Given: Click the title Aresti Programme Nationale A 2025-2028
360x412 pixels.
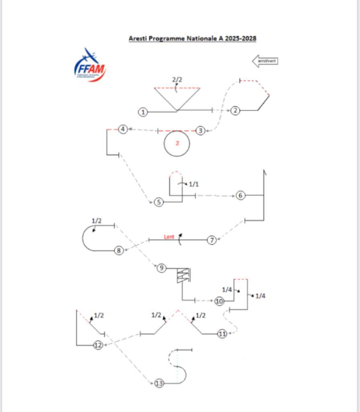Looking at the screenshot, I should click(192, 39).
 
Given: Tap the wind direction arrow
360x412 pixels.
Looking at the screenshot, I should click(265, 61).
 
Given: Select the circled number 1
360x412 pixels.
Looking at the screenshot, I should click(143, 112).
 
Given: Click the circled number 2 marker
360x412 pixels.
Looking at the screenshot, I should click(236, 110).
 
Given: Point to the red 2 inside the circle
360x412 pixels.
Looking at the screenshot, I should click(177, 143).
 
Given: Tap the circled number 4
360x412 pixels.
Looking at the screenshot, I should click(123, 129).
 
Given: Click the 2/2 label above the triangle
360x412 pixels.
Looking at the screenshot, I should click(177, 80).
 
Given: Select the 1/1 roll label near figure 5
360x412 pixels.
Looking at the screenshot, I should click(193, 184).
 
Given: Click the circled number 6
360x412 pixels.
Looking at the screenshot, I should click(241, 196).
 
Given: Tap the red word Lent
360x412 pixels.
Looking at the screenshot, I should click(169, 237).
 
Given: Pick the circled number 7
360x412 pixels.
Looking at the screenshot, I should click(212, 240).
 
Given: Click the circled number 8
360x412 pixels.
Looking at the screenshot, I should click(119, 250).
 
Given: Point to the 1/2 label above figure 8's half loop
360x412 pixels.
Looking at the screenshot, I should click(97, 221).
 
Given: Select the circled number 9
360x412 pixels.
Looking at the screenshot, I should click(161, 268).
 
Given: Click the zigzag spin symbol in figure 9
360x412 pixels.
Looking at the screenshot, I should click(183, 276).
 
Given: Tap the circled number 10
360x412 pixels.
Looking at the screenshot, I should click(219, 301).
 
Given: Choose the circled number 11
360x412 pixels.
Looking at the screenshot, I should click(222, 334).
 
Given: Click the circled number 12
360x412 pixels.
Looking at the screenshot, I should click(98, 345).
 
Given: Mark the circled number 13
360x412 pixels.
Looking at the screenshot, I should click(159, 383).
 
